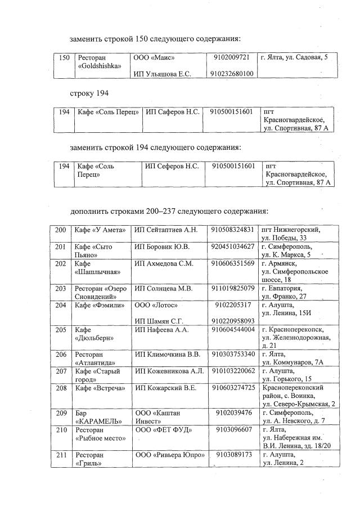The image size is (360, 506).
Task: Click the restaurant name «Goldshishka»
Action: (99, 66)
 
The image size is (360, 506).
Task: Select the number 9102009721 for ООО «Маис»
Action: (233, 57)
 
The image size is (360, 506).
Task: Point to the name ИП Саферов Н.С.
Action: (173, 112)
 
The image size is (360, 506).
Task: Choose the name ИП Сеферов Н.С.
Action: (172, 166)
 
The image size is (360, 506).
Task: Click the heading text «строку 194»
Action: (89, 92)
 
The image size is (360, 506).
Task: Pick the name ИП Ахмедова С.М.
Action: (164, 263)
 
